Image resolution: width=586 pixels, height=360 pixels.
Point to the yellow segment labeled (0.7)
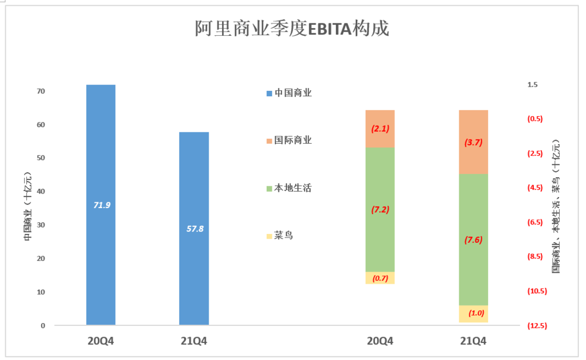click(x=380, y=278)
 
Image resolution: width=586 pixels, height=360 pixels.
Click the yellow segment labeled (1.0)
click(x=473, y=314)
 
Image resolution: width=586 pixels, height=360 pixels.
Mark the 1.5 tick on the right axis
click(x=532, y=85)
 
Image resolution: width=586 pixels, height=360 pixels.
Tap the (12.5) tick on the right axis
click(x=536, y=326)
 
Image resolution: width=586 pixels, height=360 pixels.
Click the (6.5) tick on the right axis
click(x=535, y=223)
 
